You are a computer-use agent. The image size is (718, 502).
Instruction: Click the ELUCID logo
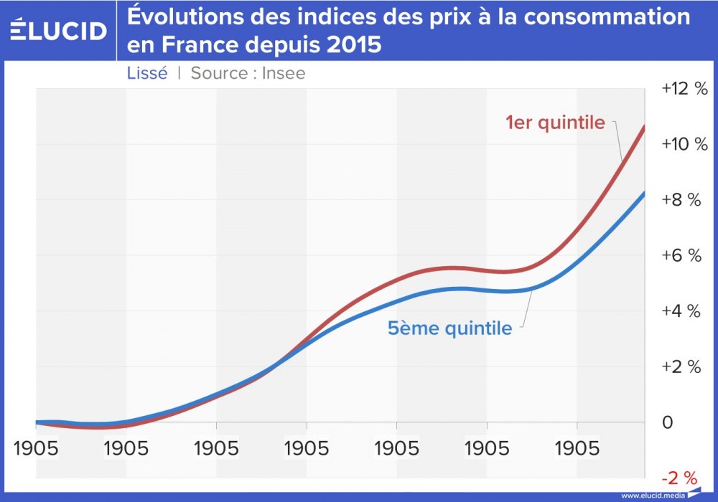[59, 30]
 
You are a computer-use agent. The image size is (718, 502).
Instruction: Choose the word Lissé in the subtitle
[147, 73]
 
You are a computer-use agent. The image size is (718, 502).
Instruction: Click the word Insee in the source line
[284, 73]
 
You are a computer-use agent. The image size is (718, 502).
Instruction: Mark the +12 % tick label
[684, 89]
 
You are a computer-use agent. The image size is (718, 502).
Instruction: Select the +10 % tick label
[684, 144]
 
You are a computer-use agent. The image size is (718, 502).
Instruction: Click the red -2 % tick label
[681, 477]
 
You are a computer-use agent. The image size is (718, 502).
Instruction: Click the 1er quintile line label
[555, 123]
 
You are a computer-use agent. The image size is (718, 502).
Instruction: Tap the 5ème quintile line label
[450, 328]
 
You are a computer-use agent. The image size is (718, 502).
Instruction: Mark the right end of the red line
[644, 126]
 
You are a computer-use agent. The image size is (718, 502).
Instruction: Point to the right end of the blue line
[644, 194]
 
